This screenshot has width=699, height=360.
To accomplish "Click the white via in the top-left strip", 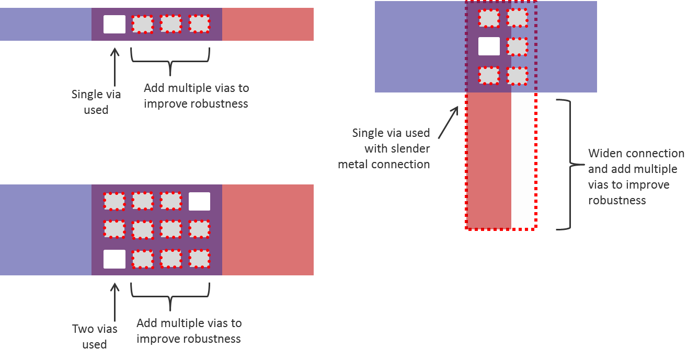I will pos(114,24).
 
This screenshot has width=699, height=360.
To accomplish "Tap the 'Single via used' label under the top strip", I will pos(96,102).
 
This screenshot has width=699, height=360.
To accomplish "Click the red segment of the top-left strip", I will pos(268,24).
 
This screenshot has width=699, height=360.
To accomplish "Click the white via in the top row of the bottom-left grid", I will pos(199,201).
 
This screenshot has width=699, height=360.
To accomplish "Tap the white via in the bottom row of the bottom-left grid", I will pos(114,259).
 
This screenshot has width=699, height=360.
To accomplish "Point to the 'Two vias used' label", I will pos(95,336).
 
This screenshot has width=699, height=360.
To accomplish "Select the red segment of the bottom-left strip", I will pos(268,230).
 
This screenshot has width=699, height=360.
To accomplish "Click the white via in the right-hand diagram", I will pos(489,47).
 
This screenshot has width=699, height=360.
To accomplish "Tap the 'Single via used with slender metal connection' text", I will pos(390,148).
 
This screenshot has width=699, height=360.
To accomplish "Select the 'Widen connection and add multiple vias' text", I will pos(636,177).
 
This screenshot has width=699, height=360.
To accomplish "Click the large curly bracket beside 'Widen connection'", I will pos(567,164).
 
